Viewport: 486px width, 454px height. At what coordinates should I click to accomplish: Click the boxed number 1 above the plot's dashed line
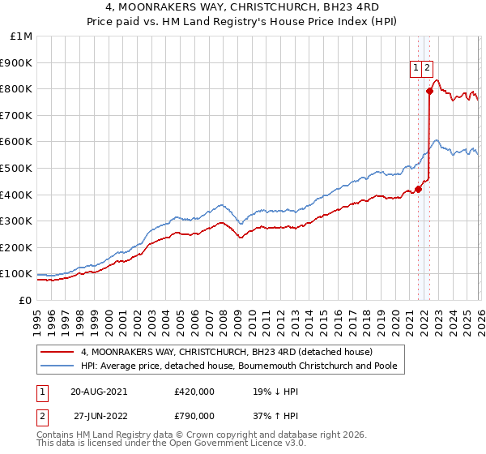(x=416, y=69)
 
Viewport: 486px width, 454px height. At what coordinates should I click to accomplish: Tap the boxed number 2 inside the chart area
(x=427, y=69)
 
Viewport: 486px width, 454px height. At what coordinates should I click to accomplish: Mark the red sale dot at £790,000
(x=430, y=92)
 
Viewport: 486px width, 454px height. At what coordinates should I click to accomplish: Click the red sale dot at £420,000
(x=418, y=190)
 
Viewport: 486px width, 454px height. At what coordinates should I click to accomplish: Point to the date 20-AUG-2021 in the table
(x=98, y=391)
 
